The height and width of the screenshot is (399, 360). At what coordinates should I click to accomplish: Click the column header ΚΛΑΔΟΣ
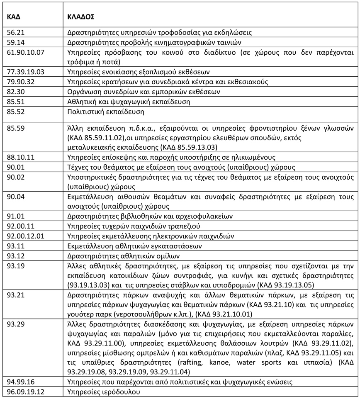81,18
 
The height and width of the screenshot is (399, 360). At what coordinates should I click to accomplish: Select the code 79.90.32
20,82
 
